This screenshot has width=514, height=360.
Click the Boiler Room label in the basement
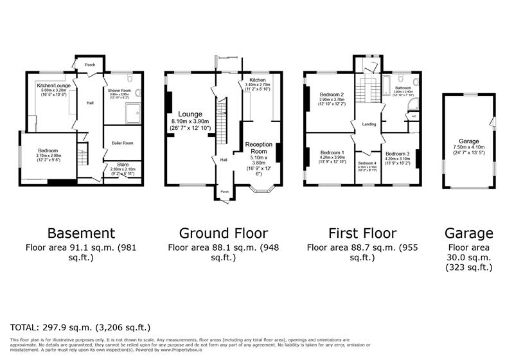[122, 143]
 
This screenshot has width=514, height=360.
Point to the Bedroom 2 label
[333, 95]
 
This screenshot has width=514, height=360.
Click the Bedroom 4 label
[367, 163]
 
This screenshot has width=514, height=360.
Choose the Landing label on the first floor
[369, 124]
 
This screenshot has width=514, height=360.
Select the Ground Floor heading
[223, 233]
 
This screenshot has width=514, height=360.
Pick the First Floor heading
[362, 233]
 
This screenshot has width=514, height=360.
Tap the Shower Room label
[120, 91]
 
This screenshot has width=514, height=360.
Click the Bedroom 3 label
[397, 154]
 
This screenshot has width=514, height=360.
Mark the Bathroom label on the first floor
[403, 87]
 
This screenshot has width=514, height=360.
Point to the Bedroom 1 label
[333, 153]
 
